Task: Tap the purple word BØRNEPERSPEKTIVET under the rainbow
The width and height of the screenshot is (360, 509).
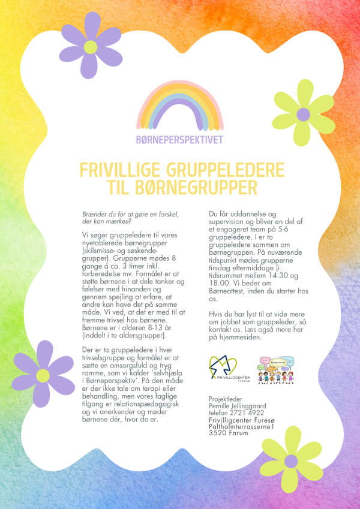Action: pos(179,140)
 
